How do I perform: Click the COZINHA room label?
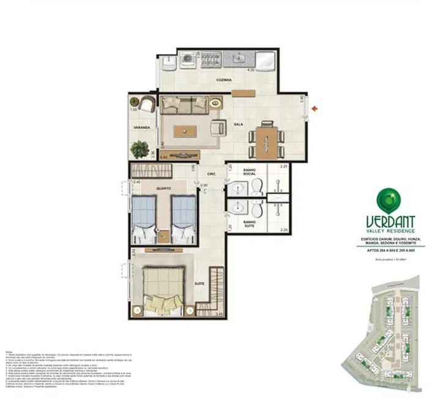click(x=223, y=80)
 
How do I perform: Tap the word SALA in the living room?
click(x=239, y=124)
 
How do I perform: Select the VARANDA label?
click(x=140, y=128)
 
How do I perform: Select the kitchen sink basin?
click(x=238, y=59)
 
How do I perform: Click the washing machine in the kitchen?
click(x=188, y=60)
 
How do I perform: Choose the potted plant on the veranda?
click(x=139, y=149)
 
